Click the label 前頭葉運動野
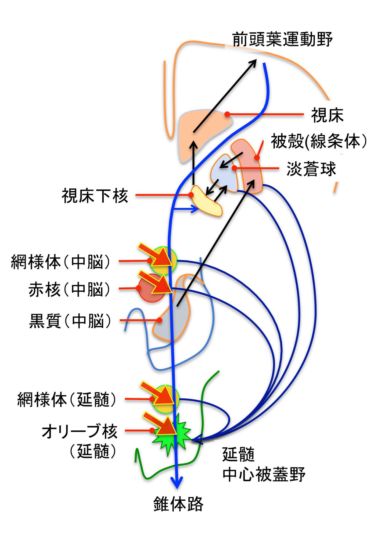tap(282, 39)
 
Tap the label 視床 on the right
tap(327, 115)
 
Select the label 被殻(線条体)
tap(319, 141)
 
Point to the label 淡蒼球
tap(311, 169)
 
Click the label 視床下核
tap(95, 196)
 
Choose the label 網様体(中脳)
tap(61, 262)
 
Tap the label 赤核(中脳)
tap(69, 289)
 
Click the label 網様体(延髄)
tap(67, 400)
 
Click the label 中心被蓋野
tap(264, 474)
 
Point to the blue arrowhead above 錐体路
tap(177, 483)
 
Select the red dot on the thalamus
tap(227, 114)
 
